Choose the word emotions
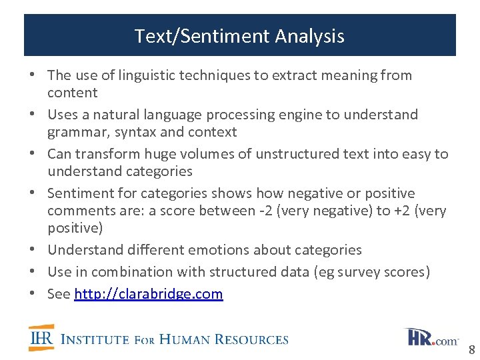click(x=223, y=250)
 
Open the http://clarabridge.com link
click(x=148, y=294)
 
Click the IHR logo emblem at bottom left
click(x=41, y=337)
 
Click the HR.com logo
click(x=431, y=337)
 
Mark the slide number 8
click(x=471, y=350)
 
